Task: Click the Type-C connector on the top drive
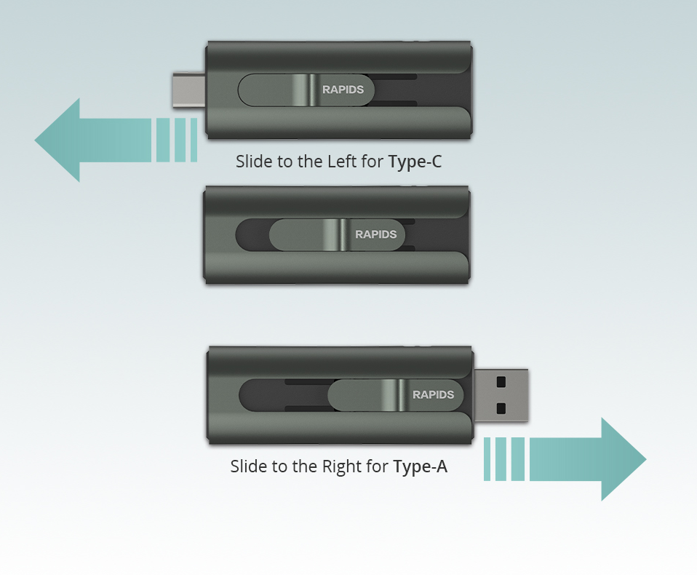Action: pyautogui.click(x=189, y=90)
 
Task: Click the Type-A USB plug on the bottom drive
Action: pyautogui.click(x=501, y=395)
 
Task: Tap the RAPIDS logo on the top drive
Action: pyautogui.click(x=343, y=90)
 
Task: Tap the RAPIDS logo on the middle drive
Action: pyautogui.click(x=375, y=234)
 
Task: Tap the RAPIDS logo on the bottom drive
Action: pyautogui.click(x=434, y=394)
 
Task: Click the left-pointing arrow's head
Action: pyautogui.click(x=57, y=140)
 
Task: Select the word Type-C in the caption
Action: pyautogui.click(x=415, y=162)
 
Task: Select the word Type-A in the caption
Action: pyautogui.click(x=421, y=466)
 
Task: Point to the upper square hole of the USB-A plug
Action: pyautogui.click(x=501, y=381)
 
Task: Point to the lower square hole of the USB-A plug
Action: pyautogui.click(x=501, y=408)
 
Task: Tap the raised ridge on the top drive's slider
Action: pyautogui.click(x=306, y=90)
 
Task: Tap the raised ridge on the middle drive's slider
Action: pyautogui.click(x=335, y=234)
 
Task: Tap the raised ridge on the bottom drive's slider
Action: pyautogui.click(x=394, y=395)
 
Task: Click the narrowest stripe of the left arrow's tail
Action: pyautogui.click(x=194, y=140)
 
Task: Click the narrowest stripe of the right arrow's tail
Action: pyautogui.click(x=487, y=459)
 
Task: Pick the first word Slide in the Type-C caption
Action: pyautogui.click(x=250, y=161)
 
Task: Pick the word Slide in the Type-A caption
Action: pyautogui.click(x=245, y=466)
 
